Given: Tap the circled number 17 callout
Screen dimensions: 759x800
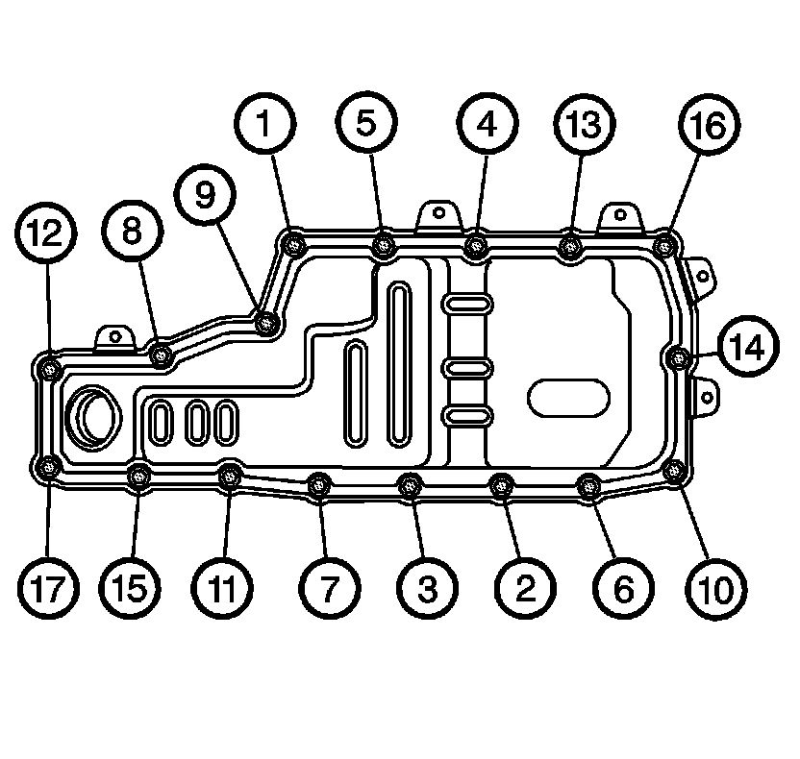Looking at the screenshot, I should pos(47,585).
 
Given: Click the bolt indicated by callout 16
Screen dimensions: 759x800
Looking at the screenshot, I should pos(663,245).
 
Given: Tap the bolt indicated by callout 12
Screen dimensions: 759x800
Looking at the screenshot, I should pos(47,366).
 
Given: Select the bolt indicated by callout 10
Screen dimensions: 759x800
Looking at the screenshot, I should pos(676,470).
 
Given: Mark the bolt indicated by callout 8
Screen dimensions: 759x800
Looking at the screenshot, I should pos(162,357).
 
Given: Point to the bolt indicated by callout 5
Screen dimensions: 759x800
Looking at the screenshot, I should pos(384,246).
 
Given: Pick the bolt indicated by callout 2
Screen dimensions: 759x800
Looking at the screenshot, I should pos(500,485).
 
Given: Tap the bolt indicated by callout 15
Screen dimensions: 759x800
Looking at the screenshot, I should pos(139,474).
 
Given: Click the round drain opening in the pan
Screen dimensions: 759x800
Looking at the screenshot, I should pos(93,416).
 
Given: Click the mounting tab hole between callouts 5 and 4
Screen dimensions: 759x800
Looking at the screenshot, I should pos(438,213).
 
